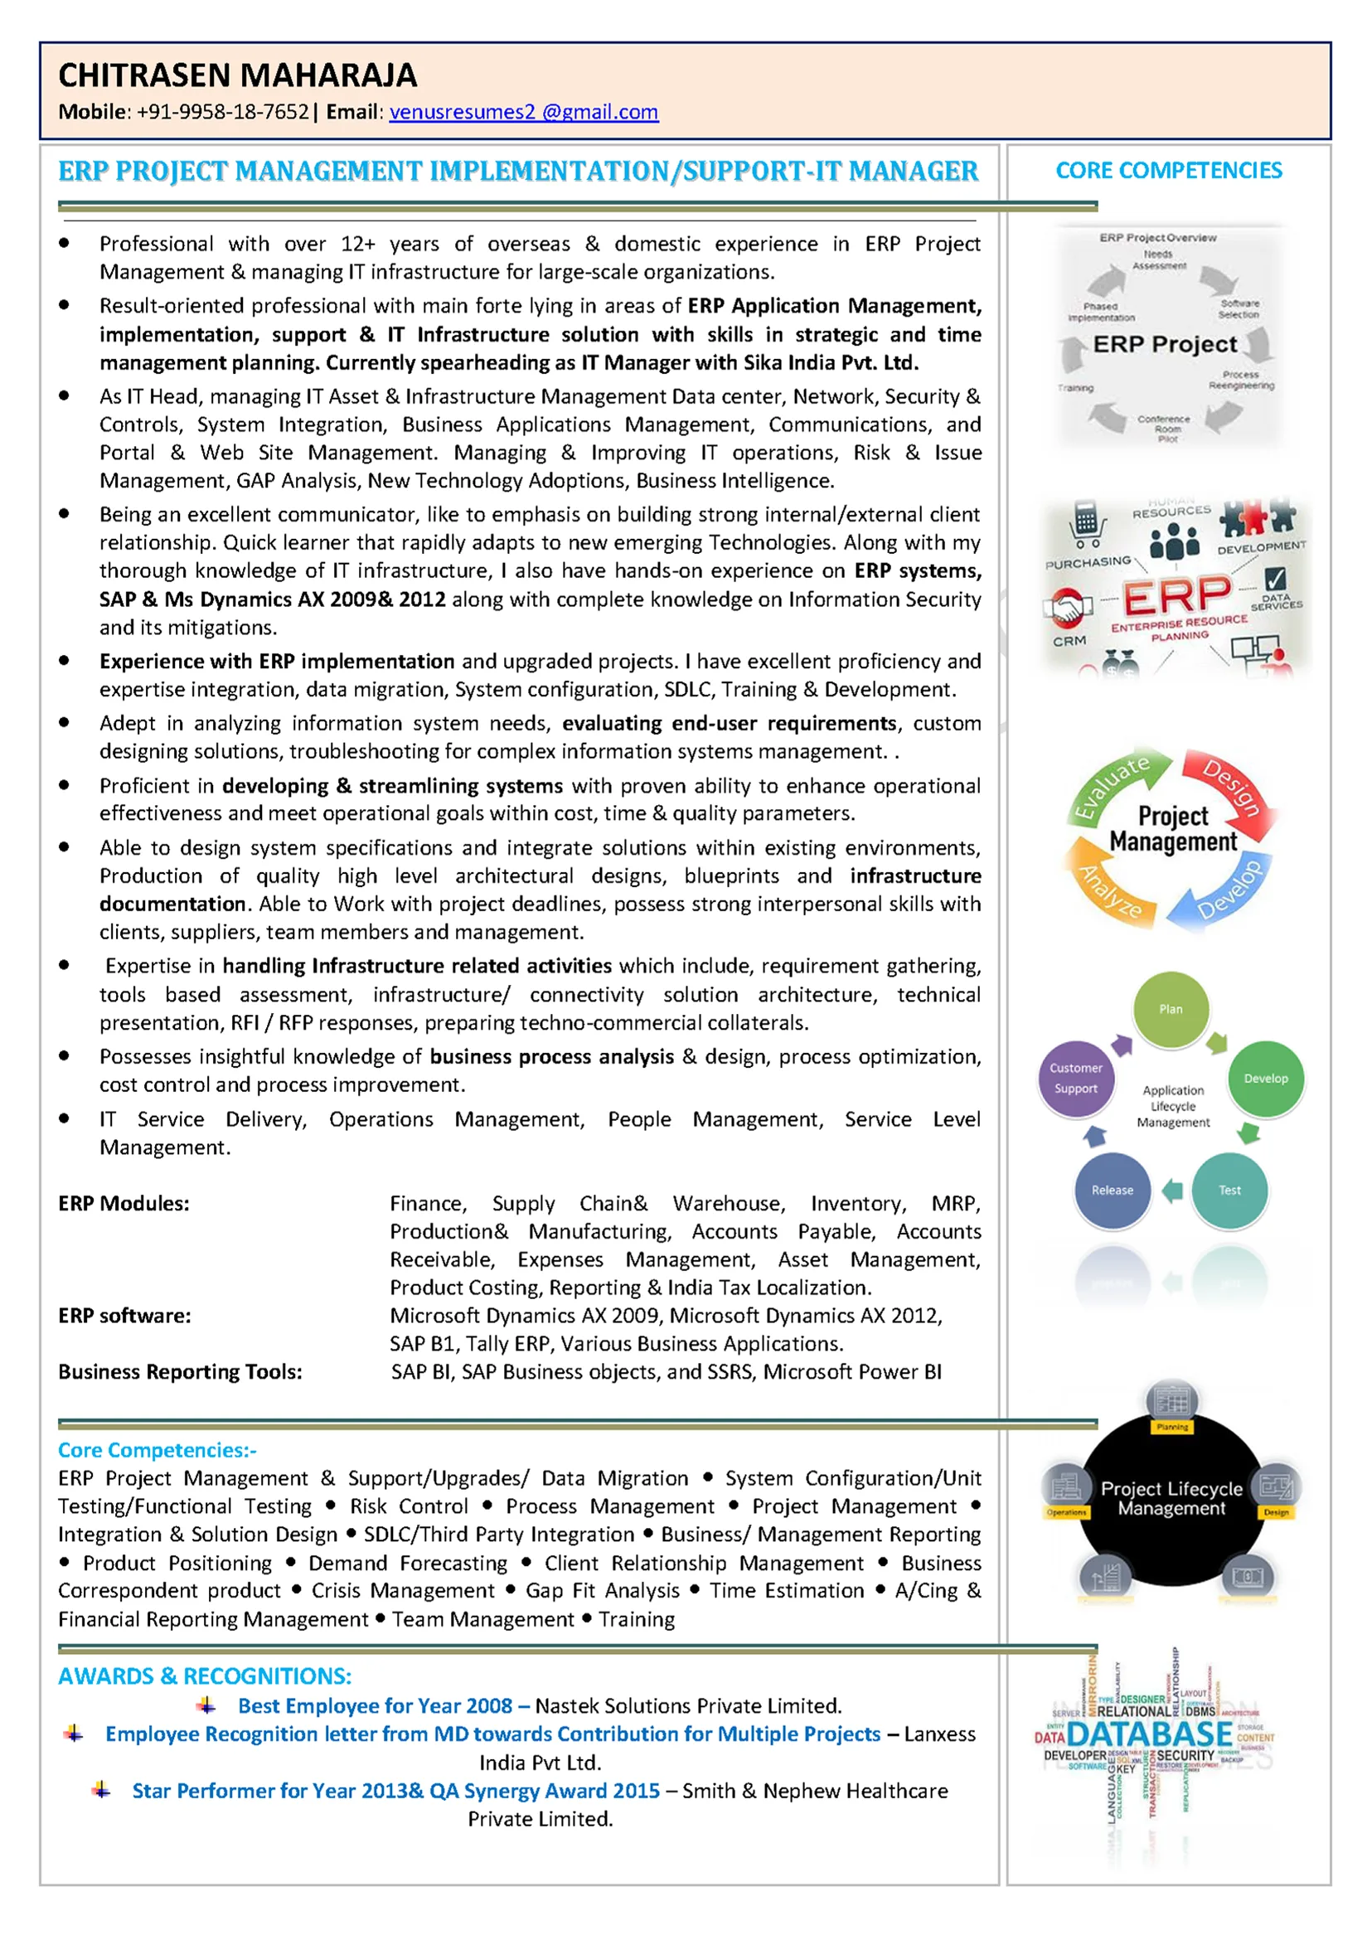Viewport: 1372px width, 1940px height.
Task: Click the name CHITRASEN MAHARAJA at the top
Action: coord(237,75)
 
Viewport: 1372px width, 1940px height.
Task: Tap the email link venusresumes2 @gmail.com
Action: coord(523,113)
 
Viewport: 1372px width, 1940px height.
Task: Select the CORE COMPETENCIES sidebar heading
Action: coord(1168,171)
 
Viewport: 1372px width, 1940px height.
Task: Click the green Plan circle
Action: coord(1170,1009)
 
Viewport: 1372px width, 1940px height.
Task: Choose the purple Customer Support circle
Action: coord(1075,1078)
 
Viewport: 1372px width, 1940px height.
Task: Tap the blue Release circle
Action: coord(1112,1190)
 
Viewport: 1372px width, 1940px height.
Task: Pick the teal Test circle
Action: coord(1229,1190)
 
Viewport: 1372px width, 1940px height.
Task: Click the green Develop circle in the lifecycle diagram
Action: coord(1266,1078)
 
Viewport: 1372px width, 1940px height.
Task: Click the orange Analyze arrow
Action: coord(1108,890)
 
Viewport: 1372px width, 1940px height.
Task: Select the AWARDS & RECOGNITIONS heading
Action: coord(205,1676)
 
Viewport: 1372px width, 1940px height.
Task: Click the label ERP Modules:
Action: coord(124,1203)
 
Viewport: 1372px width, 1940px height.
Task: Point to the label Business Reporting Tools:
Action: coord(180,1371)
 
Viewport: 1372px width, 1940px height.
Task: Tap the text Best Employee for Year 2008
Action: coord(375,1706)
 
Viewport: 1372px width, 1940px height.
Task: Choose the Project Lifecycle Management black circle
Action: coord(1171,1498)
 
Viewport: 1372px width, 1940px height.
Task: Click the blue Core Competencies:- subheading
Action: coord(158,1450)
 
